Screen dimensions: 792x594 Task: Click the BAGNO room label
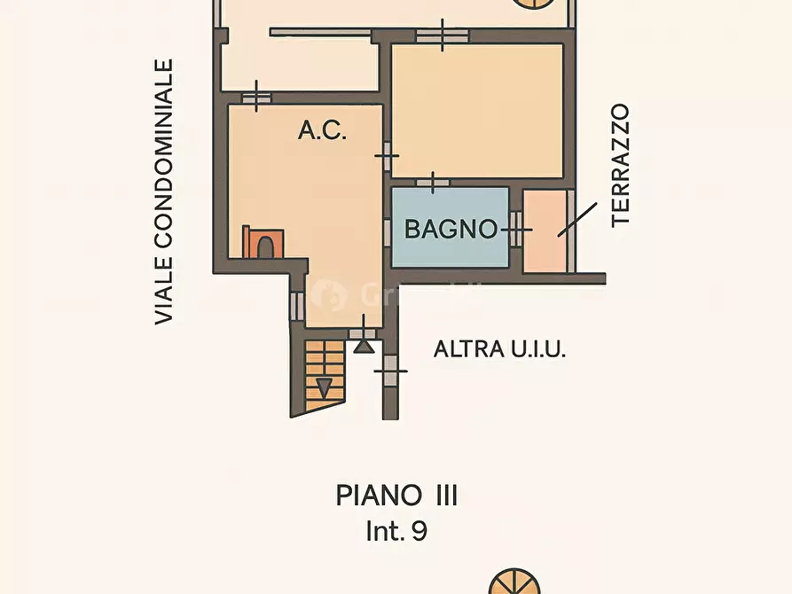coord(451,230)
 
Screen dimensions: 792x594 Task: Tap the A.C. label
coord(322,129)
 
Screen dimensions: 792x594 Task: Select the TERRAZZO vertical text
coord(620,166)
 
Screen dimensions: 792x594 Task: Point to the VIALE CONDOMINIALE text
coord(164,191)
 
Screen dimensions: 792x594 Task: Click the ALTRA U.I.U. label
coord(499,349)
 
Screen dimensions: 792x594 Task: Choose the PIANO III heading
coord(396,496)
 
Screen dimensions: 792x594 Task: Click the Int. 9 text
coord(396,531)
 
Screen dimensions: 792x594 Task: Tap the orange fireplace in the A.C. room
coord(263,242)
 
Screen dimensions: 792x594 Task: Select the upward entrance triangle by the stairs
coord(364,346)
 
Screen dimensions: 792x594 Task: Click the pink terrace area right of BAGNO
coord(545,231)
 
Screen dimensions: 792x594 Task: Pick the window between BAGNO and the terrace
coord(515,230)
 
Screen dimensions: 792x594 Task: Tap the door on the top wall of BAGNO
coord(433,183)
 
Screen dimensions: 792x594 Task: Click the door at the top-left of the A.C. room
coord(256,98)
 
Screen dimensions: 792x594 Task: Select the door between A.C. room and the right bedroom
coord(387,156)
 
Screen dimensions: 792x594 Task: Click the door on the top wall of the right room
coord(443,35)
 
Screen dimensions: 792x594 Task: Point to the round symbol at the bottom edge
coord(514,582)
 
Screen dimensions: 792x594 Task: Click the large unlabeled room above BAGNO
coord(477,111)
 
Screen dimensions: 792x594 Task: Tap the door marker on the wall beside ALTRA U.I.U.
coord(390,371)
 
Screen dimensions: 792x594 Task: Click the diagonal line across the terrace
coord(577,220)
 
